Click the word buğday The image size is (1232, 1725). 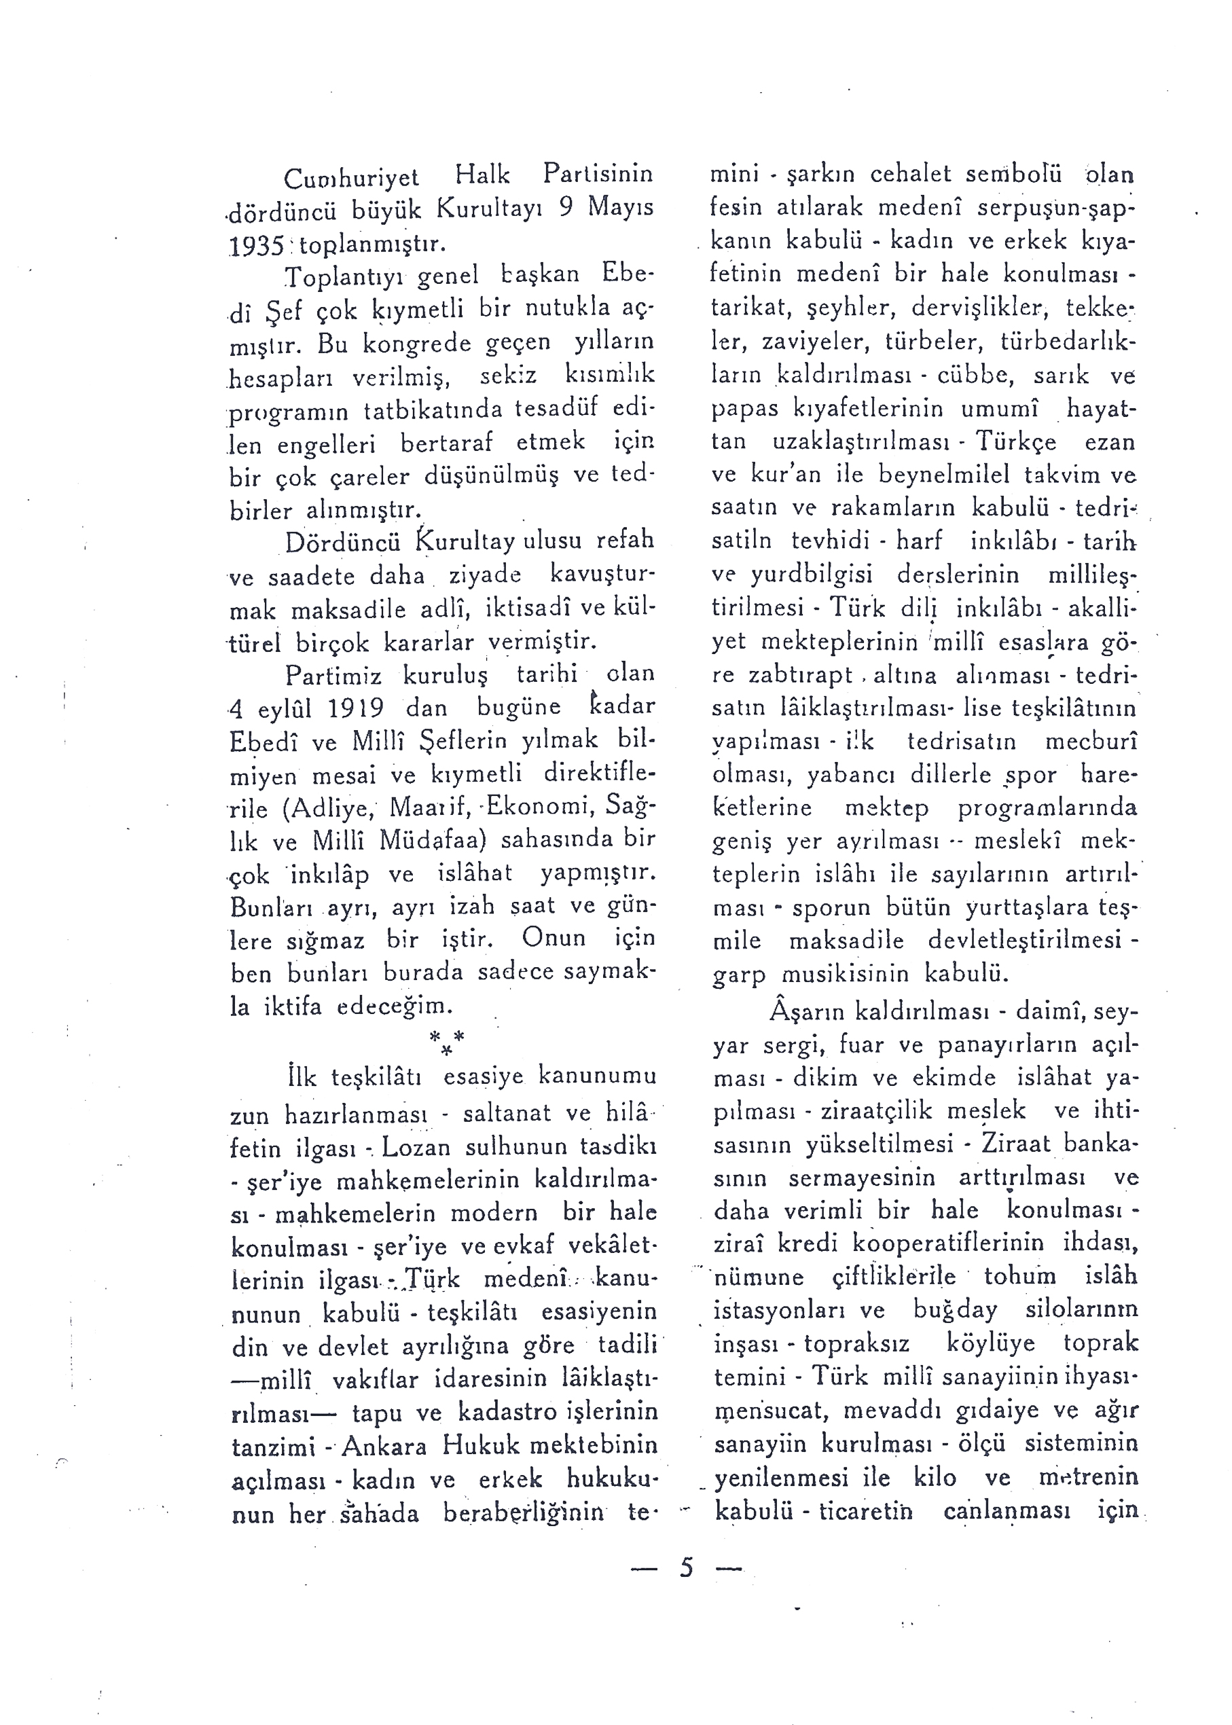click(x=954, y=1310)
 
